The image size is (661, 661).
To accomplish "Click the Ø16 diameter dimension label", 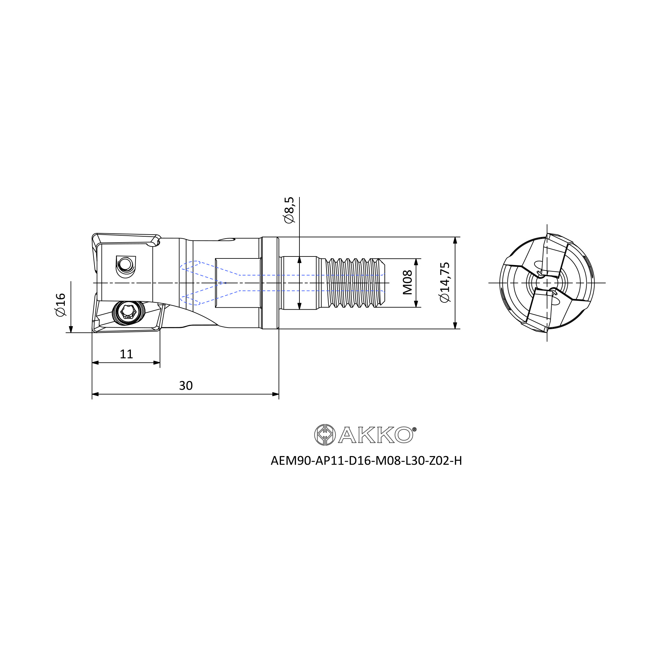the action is pyautogui.click(x=60, y=304).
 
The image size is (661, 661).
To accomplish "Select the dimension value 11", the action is pyautogui.click(x=126, y=354).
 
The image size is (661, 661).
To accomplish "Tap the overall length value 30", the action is pyautogui.click(x=186, y=386).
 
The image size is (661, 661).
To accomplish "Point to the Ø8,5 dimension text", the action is pyautogui.click(x=289, y=210).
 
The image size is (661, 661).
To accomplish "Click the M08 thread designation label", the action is pyautogui.click(x=408, y=282).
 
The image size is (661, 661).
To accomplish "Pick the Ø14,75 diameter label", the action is pyautogui.click(x=445, y=282).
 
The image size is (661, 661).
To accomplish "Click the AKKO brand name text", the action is pyautogui.click(x=377, y=435).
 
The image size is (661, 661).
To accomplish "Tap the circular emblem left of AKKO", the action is pyautogui.click(x=325, y=435).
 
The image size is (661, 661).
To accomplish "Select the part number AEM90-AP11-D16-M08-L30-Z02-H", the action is pyautogui.click(x=366, y=461).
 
